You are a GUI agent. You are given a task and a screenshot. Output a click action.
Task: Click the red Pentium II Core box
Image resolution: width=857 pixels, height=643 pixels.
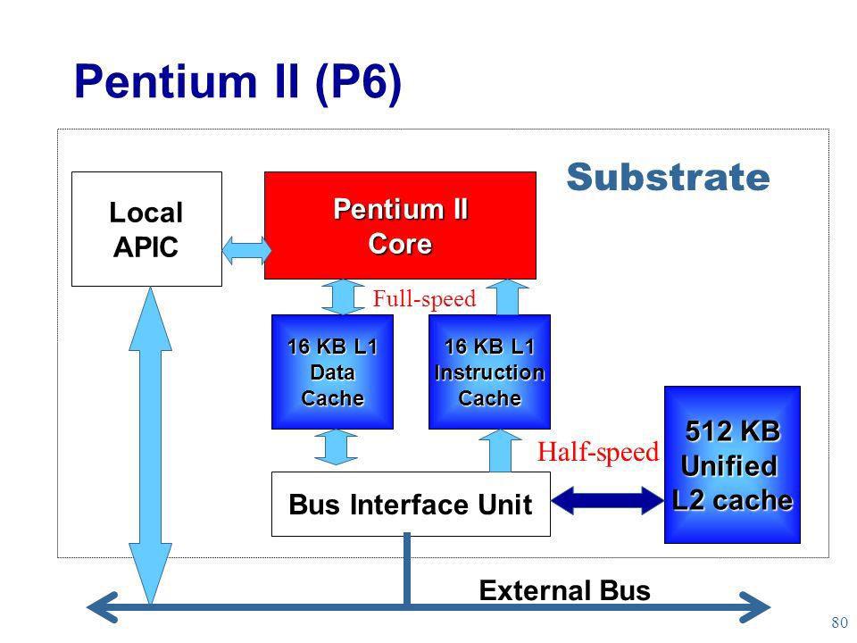tap(400, 225)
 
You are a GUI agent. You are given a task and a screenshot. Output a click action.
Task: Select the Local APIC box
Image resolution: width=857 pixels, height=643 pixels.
tap(146, 230)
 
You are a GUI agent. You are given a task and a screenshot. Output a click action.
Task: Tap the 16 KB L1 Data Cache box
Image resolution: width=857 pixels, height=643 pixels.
tap(332, 372)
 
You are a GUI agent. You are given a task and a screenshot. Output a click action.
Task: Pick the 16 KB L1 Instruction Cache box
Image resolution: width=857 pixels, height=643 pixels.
tap(489, 372)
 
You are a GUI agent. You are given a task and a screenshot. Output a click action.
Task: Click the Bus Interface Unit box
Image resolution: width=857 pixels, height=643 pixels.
tap(411, 504)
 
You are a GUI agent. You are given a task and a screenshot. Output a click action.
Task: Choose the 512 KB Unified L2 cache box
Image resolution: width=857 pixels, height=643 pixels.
tap(732, 464)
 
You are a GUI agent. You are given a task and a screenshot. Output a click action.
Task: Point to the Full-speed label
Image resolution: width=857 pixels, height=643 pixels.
tap(424, 299)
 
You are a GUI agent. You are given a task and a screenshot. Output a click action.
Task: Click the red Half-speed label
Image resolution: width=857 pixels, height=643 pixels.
tap(598, 452)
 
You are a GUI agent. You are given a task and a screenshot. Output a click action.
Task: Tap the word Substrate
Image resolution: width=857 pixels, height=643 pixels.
tap(668, 177)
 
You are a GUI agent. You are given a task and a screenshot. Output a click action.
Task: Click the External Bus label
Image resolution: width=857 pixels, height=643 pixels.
tap(564, 590)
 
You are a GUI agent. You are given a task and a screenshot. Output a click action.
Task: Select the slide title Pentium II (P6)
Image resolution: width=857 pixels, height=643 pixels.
tap(237, 82)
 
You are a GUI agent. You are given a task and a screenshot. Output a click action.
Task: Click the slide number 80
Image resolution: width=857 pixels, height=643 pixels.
tap(839, 622)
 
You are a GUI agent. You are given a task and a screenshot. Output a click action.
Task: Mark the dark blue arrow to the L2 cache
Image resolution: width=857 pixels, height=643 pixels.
tap(607, 500)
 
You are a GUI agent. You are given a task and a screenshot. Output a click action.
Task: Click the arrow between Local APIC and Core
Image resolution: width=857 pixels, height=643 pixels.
tap(246, 250)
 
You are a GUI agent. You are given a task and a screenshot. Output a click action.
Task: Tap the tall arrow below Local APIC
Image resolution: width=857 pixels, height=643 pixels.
tap(150, 446)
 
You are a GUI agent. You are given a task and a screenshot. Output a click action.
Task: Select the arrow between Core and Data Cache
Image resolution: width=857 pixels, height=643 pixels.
tap(343, 296)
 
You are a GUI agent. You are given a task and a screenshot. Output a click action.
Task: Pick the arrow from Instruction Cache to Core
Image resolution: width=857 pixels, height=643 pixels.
tap(507, 296)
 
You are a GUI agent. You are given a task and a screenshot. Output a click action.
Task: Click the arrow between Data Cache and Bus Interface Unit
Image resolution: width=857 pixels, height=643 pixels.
tap(337, 447)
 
